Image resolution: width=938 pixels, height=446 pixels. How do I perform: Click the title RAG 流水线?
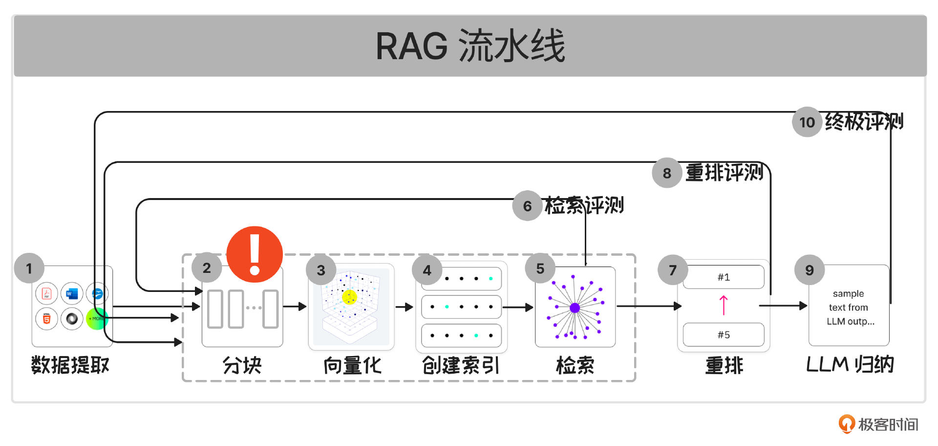pyautogui.click(x=470, y=46)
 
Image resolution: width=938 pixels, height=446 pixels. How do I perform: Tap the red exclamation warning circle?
pyautogui.click(x=255, y=254)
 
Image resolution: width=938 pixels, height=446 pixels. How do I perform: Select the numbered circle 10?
pyautogui.click(x=807, y=122)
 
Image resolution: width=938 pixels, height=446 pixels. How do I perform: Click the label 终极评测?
pyautogui.click(x=864, y=122)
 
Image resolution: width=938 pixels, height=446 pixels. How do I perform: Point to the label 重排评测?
pyautogui.click(x=724, y=173)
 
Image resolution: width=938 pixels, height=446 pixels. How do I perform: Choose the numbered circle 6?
pyautogui.click(x=527, y=206)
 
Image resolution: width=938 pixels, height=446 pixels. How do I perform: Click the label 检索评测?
pyautogui.click(x=584, y=205)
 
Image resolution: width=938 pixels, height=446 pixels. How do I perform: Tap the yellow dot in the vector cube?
pyautogui.click(x=349, y=297)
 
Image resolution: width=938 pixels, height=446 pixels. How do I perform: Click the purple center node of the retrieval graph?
pyautogui.click(x=575, y=308)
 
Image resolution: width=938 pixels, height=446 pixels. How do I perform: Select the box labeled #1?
pyautogui.click(x=724, y=277)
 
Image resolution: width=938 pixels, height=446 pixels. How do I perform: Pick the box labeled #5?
pyautogui.click(x=724, y=335)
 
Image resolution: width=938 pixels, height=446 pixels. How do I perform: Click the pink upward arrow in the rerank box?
pyautogui.click(x=724, y=305)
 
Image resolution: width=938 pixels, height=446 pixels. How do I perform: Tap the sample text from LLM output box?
pyautogui.click(x=849, y=307)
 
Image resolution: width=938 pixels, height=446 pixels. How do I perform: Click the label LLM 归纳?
pyautogui.click(x=850, y=365)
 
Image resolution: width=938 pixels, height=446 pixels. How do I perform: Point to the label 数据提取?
pyautogui.click(x=70, y=365)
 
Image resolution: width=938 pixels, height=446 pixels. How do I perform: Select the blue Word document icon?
pyautogui.click(x=72, y=294)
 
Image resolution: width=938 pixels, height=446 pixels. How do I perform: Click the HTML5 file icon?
pyautogui.click(x=47, y=319)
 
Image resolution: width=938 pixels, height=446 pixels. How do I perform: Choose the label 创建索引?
pyautogui.click(x=461, y=365)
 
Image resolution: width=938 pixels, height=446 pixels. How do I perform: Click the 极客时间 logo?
pyautogui.click(x=878, y=424)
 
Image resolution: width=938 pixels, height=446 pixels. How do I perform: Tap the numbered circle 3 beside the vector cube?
pyautogui.click(x=321, y=270)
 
